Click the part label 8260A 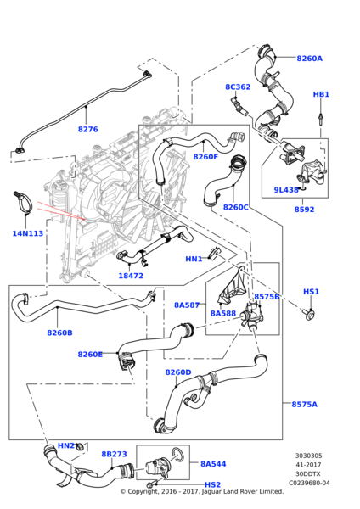coord(309,59)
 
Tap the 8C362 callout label coord(238,87)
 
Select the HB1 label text coord(321,94)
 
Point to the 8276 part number coord(87,129)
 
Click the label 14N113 coord(28,233)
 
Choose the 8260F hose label coord(205,157)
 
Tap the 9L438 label coord(286,190)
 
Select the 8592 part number coord(305,210)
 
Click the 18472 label coord(131,276)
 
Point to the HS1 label coord(311,292)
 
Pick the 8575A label coord(305,404)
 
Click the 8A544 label coord(213,464)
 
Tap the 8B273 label coord(114,454)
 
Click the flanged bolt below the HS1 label coord(310,314)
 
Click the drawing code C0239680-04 coord(309,483)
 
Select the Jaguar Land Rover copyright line coord(202,491)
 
